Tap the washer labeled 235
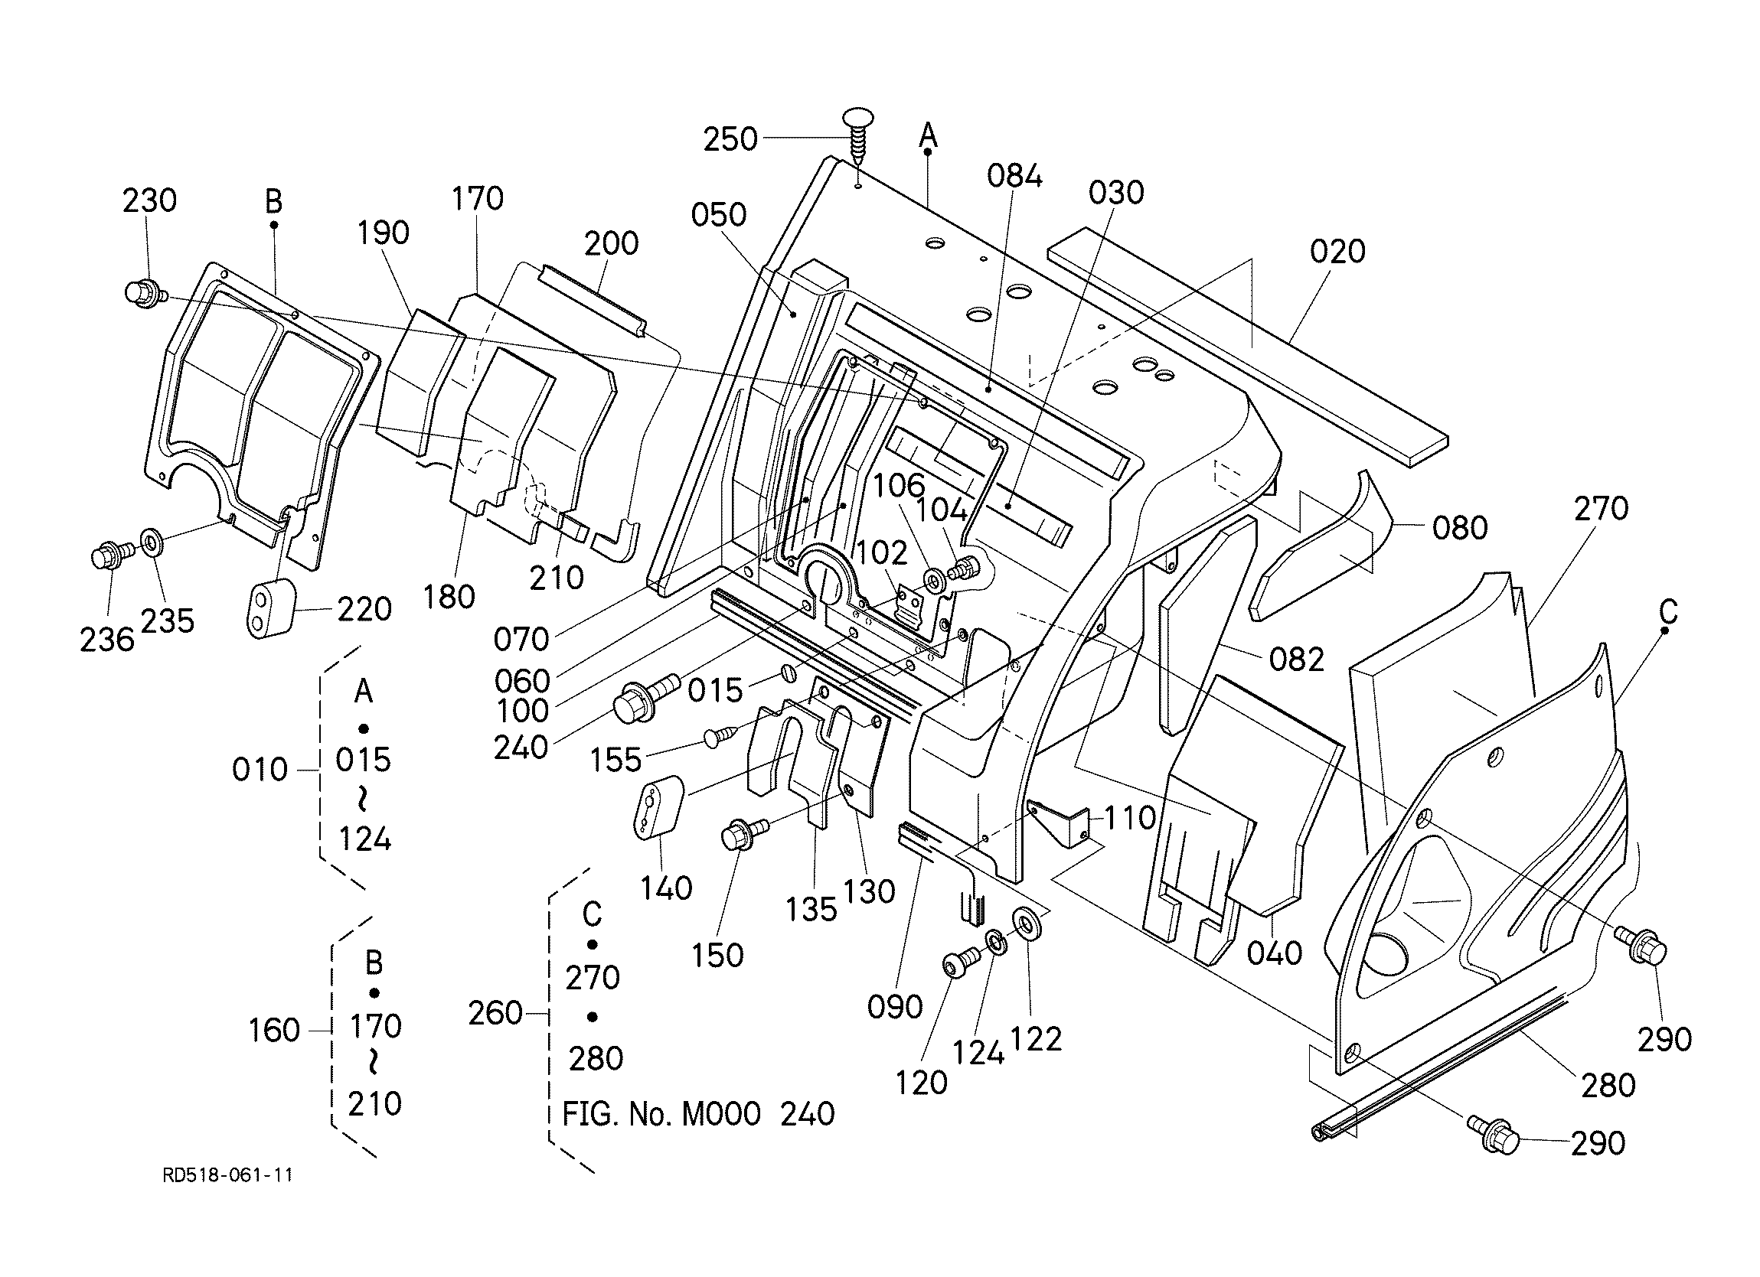coord(151,541)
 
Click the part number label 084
coord(1014,176)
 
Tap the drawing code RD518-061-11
coord(228,1174)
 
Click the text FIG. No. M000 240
coord(698,1114)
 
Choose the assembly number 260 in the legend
coord(495,1013)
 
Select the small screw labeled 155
coord(721,735)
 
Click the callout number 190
coord(384,233)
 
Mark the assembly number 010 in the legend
coord(260,770)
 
